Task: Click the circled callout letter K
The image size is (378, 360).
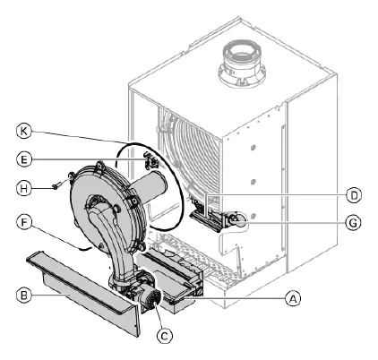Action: point(24,132)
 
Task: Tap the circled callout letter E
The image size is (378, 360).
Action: point(24,159)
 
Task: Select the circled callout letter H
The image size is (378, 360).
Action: point(24,188)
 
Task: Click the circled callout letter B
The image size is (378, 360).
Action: point(24,295)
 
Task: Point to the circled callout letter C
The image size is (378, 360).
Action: point(165,336)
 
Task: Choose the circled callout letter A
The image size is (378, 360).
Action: point(293,298)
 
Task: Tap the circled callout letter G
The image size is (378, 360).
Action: point(353,223)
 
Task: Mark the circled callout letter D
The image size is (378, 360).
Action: point(354,195)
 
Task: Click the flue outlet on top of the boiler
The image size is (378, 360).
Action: point(242,64)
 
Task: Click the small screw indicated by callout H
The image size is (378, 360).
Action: point(56,186)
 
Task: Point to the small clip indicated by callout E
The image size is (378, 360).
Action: point(151,160)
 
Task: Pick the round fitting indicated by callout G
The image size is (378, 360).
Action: point(236,220)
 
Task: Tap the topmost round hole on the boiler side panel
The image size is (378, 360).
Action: point(253,148)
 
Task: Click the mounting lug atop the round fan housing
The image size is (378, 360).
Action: point(99,166)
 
